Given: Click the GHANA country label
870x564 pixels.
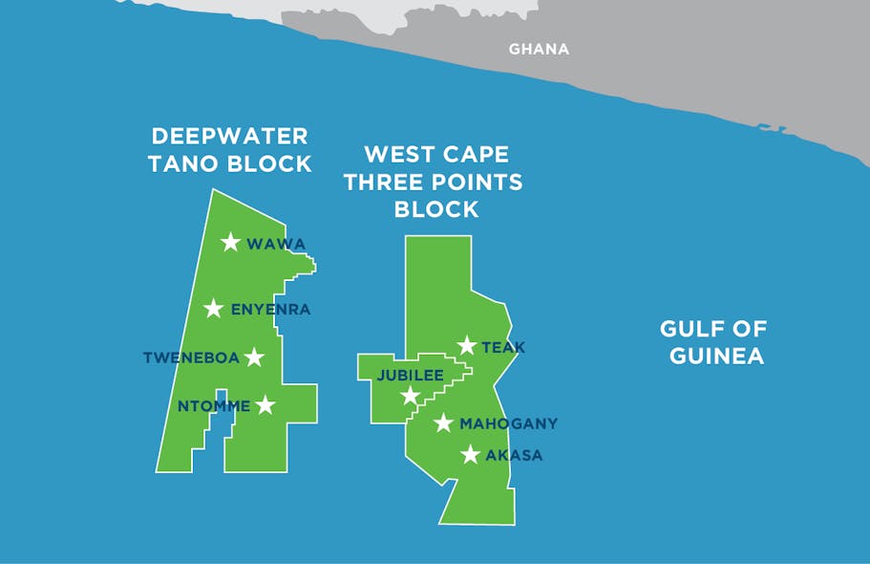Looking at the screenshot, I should click(539, 49).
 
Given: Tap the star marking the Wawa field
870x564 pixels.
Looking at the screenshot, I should click(230, 243).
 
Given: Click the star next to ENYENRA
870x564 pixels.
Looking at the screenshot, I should click(214, 309).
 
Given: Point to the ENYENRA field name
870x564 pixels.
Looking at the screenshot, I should click(271, 310).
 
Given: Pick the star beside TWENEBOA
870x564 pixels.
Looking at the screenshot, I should click(254, 358).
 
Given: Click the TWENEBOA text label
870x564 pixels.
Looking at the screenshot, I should click(190, 358).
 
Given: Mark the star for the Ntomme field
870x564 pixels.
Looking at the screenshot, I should click(265, 406).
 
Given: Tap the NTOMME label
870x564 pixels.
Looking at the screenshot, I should click(214, 406).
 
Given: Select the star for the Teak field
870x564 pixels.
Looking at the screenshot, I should click(466, 346).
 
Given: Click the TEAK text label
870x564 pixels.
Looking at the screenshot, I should click(503, 347).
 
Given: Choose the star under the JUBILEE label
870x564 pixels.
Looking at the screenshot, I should click(410, 396).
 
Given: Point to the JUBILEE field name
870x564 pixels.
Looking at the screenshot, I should click(410, 376).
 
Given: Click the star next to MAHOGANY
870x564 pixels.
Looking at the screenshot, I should click(443, 423).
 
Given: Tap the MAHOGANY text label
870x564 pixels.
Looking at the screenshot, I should click(508, 423).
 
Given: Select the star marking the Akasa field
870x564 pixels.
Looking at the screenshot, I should click(470, 455).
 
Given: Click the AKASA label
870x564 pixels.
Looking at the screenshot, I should click(514, 456).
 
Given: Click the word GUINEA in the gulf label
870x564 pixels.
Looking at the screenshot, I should click(716, 357).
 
